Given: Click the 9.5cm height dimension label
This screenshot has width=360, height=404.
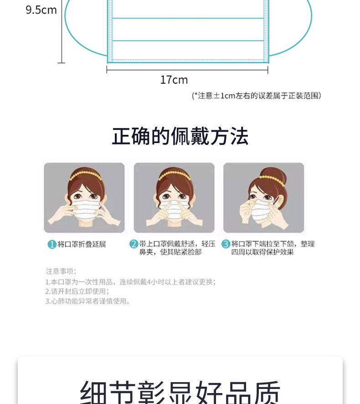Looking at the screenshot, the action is (x=41, y=10).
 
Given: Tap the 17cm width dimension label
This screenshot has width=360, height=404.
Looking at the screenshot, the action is (x=174, y=80).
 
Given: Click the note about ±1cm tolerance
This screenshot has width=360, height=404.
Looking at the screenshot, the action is (x=257, y=96).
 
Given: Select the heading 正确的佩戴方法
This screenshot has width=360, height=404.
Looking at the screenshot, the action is (x=180, y=136).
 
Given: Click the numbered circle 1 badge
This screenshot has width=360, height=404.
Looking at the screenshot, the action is (x=52, y=244).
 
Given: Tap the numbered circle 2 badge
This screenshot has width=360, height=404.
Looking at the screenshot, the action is (x=134, y=244).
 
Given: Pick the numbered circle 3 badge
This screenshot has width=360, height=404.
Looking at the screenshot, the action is (x=226, y=244).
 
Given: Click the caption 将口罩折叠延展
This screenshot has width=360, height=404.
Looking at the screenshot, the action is (x=82, y=244).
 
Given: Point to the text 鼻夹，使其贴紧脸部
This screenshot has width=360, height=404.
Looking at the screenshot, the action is (x=170, y=252).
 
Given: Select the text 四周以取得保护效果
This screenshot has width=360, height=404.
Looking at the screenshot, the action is (x=262, y=252).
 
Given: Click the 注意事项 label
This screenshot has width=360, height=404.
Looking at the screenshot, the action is (x=61, y=271).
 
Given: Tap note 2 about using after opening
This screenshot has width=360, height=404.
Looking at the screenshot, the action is (x=77, y=291).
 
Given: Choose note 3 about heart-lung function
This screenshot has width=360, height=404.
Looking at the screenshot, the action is (x=88, y=301).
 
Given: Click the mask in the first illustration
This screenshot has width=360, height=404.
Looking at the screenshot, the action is (x=85, y=210).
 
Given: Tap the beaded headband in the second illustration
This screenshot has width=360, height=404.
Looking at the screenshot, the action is (x=175, y=175).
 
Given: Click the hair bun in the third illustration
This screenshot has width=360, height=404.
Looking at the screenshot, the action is (x=274, y=175).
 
